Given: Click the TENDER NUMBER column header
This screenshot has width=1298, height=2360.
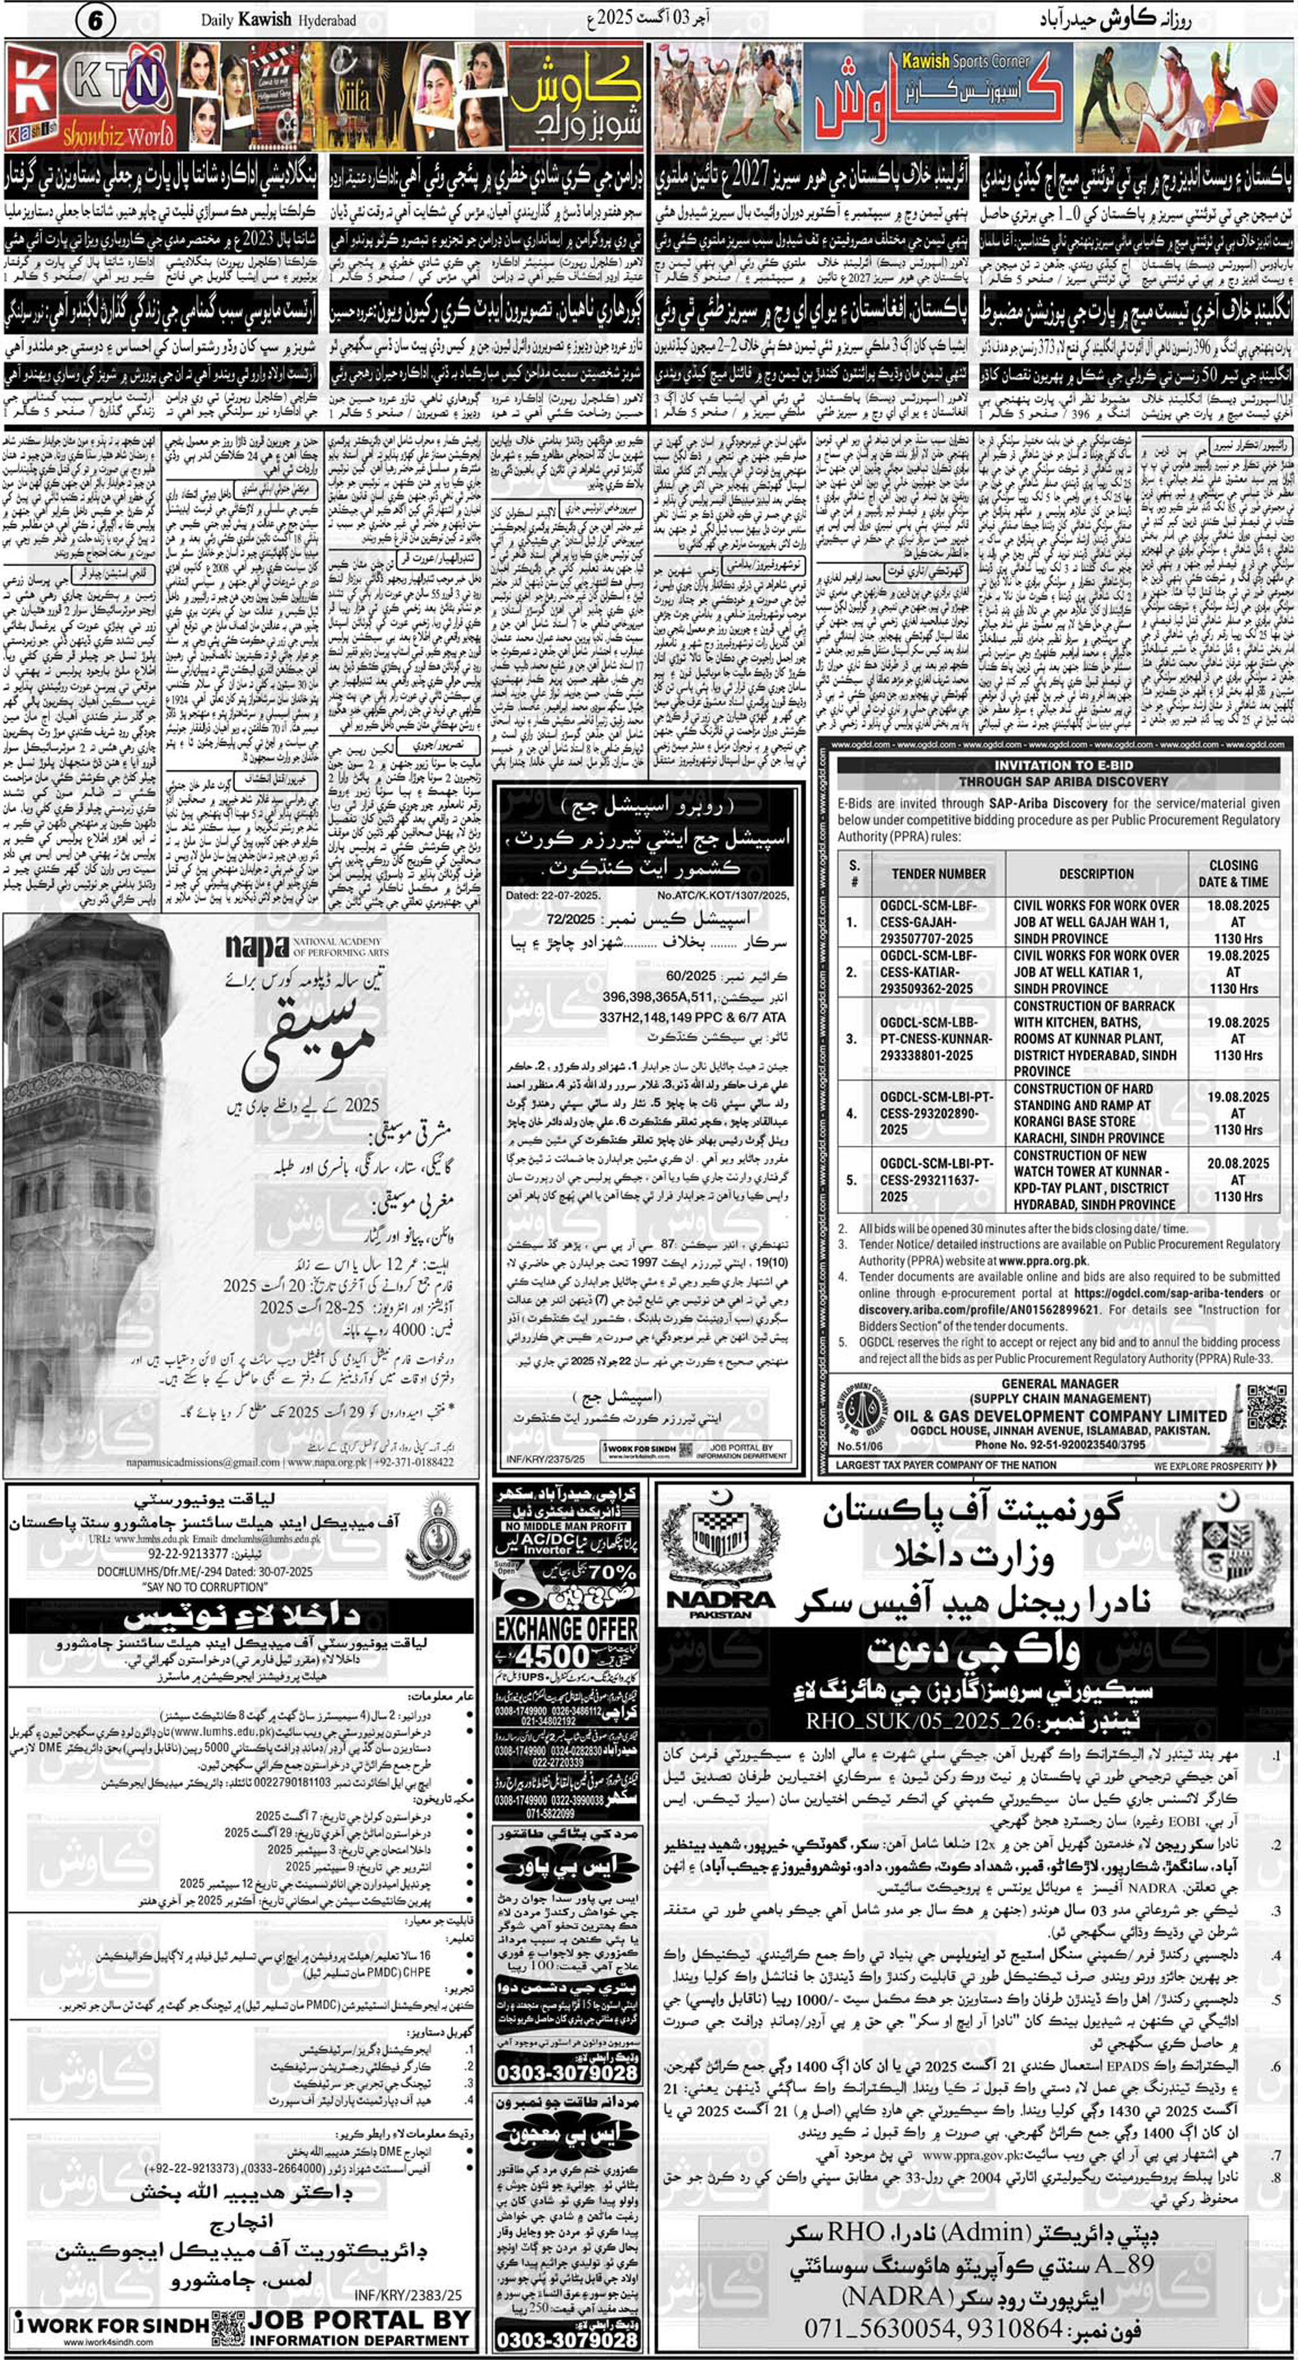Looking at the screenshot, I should [939, 873].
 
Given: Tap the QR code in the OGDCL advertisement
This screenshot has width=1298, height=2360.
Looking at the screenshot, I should [1267, 1406].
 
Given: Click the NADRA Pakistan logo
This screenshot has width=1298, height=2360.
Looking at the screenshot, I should [722, 1576].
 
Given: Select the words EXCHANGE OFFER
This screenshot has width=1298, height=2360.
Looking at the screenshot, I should [566, 1629].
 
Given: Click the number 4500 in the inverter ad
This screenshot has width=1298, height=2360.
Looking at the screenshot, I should [552, 1656].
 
